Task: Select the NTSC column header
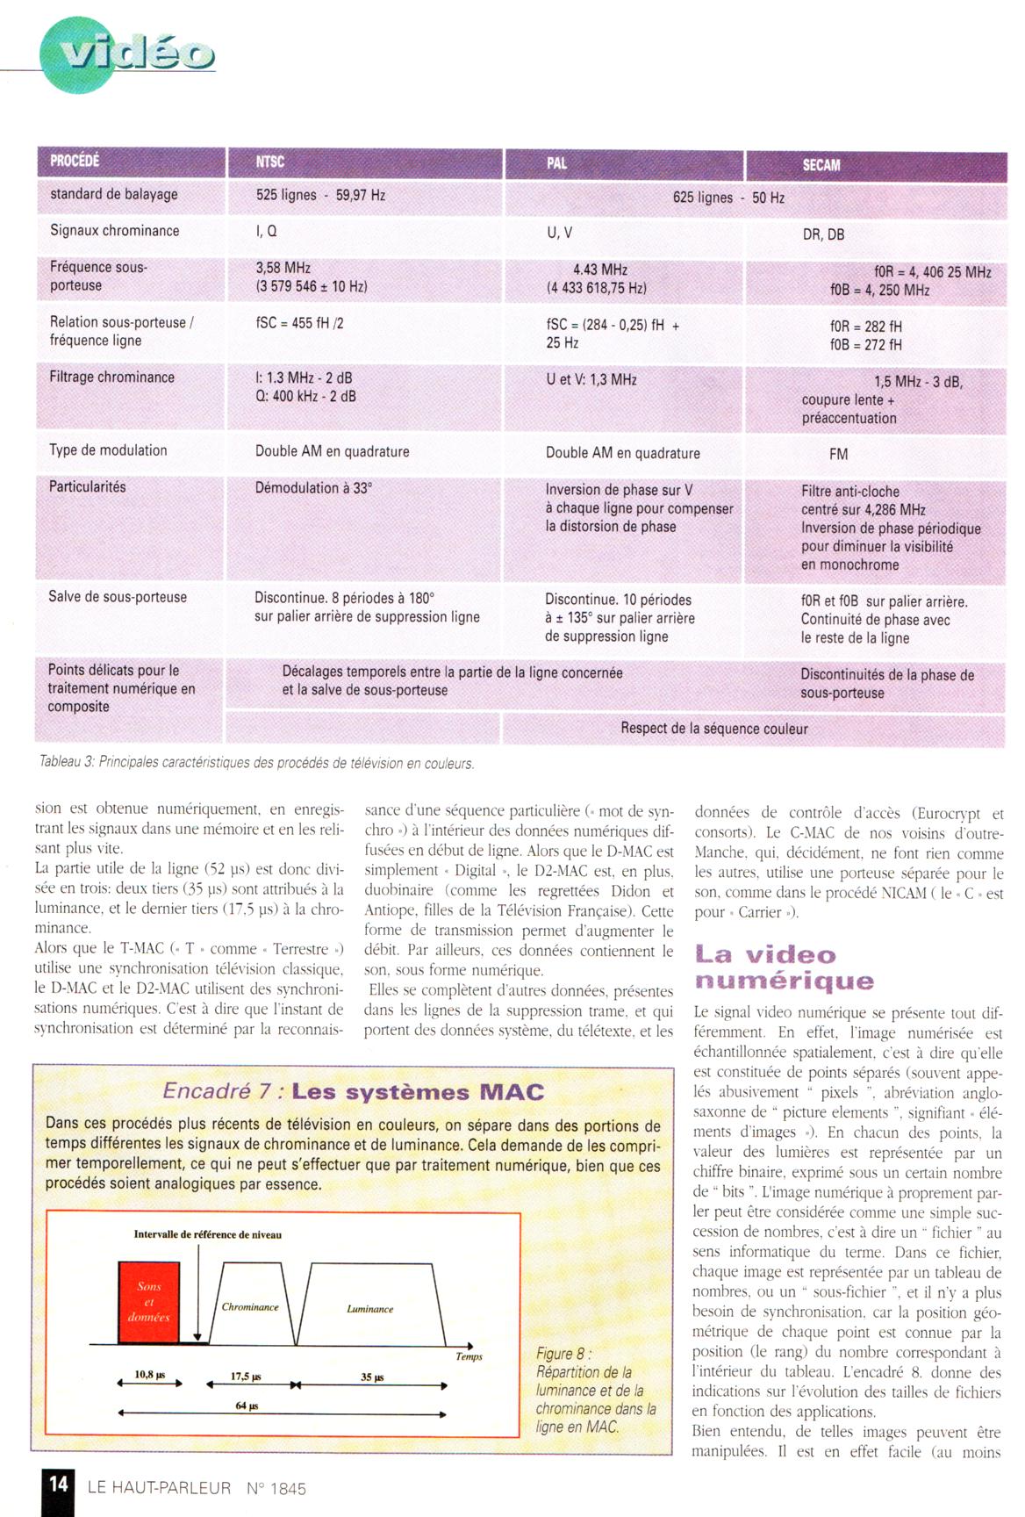[x=270, y=162]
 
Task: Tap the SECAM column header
[x=821, y=165]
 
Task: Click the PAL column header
[x=556, y=163]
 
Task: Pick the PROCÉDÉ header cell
[x=75, y=161]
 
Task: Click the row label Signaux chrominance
[x=114, y=231]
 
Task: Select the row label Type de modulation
[x=108, y=450]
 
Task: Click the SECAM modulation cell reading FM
[x=838, y=454]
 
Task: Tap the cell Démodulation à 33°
[x=313, y=488]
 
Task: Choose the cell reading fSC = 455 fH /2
[x=299, y=323]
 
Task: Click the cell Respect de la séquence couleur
[x=713, y=729]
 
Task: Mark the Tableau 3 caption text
[x=256, y=764]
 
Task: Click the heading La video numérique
[x=784, y=967]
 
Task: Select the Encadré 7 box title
[x=353, y=1092]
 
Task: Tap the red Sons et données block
[x=149, y=1302]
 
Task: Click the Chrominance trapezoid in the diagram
[x=250, y=1306]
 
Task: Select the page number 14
[x=58, y=1484]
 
